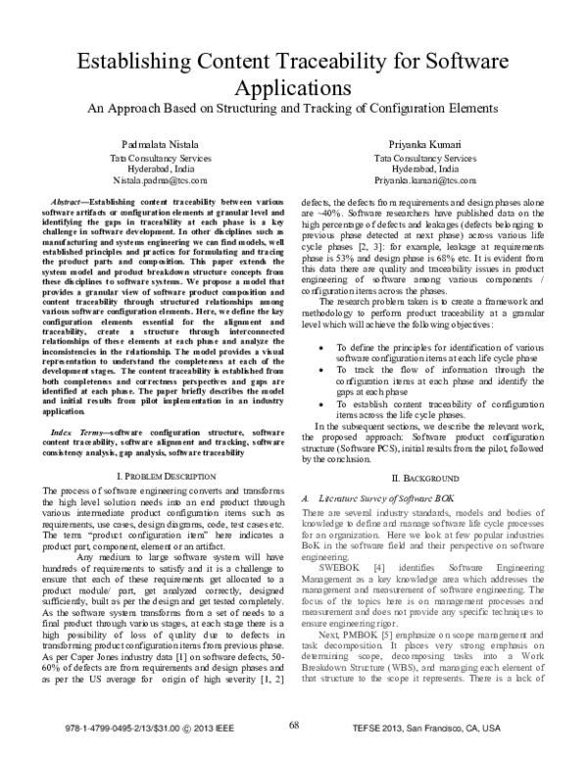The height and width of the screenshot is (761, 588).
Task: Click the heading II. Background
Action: (x=425, y=476)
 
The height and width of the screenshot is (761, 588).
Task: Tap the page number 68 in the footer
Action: (x=294, y=724)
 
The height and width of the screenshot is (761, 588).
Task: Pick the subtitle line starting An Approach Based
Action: (x=294, y=108)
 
